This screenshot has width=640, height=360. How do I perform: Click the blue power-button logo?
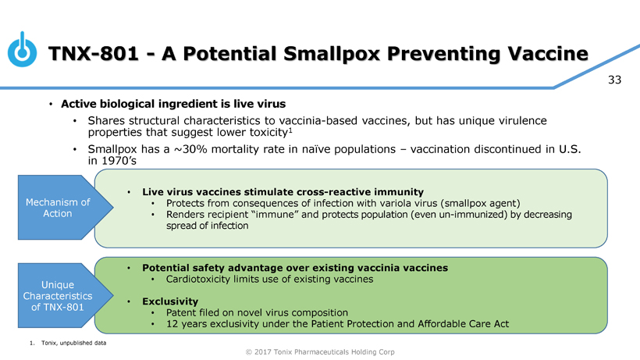point(22,50)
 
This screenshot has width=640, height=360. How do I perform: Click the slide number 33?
point(615,80)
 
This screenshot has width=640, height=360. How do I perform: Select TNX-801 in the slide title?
point(94,54)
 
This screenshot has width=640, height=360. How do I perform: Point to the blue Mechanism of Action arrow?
point(66,208)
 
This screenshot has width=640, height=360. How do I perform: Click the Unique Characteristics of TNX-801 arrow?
point(66,295)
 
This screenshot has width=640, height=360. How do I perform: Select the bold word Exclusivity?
point(170,301)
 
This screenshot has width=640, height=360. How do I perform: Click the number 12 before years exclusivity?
point(172,324)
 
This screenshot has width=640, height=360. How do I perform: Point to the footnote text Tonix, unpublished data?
point(73,344)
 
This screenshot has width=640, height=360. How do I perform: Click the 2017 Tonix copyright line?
point(320,352)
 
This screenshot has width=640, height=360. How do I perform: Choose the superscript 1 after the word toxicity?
point(290,130)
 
